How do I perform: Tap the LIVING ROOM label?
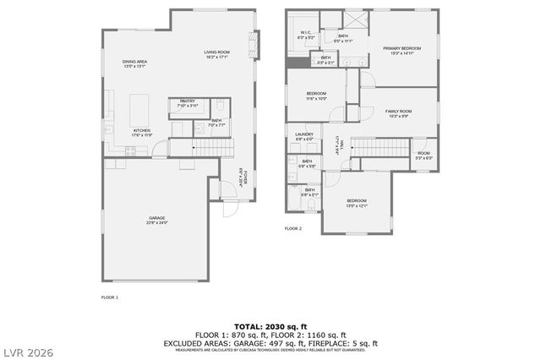[x=217, y=52]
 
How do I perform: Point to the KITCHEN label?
[x=141, y=129]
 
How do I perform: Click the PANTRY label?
[x=187, y=101]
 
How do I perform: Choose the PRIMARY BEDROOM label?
[x=402, y=48]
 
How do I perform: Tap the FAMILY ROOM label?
[x=398, y=112]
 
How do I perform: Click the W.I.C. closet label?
[x=306, y=33]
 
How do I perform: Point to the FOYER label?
[x=243, y=178]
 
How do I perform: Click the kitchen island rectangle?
[x=139, y=107]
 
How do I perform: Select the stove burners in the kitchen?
[x=130, y=151]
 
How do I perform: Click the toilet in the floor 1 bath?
[x=219, y=106]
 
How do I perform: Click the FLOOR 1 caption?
[x=110, y=297]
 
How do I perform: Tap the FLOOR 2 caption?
[x=292, y=228]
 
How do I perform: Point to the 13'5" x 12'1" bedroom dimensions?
[x=356, y=205]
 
